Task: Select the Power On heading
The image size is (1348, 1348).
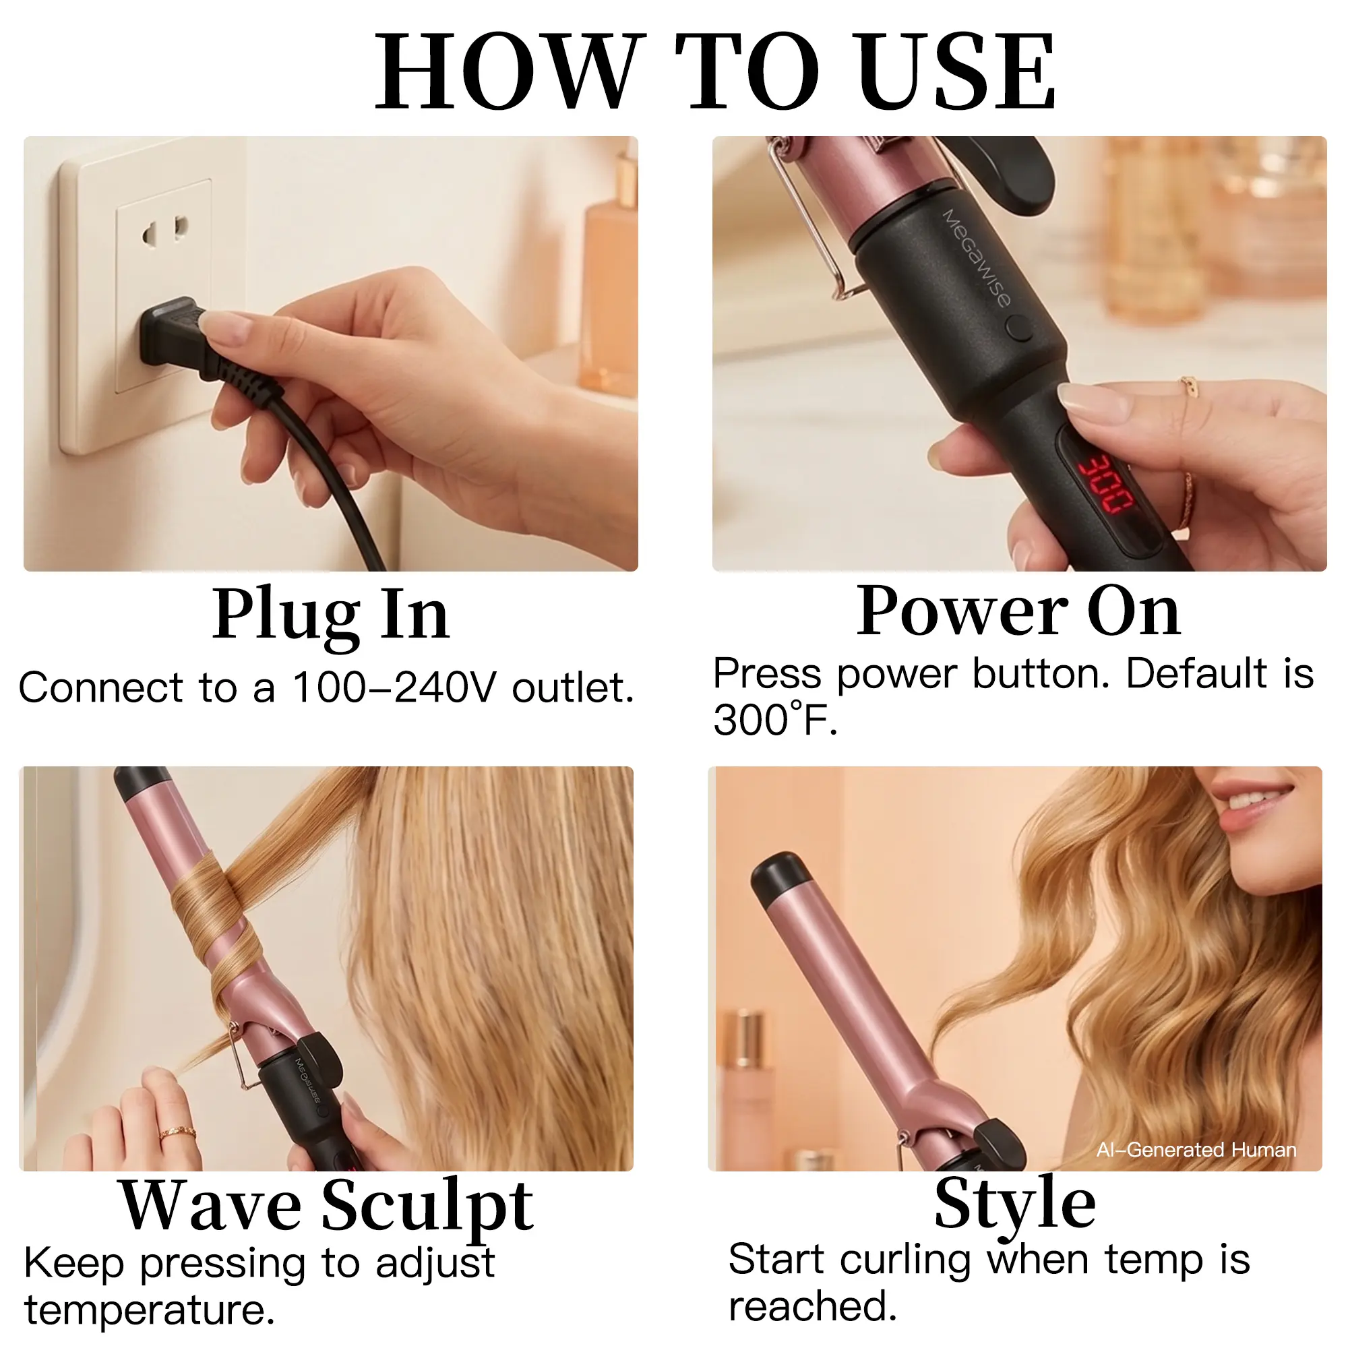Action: point(1018,611)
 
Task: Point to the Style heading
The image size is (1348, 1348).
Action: point(1015,1205)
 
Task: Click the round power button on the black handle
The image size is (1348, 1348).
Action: point(1020,328)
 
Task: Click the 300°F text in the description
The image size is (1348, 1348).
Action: point(775,719)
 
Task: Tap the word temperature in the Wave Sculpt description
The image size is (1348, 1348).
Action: point(150,1310)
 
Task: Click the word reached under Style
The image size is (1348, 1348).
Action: point(813,1306)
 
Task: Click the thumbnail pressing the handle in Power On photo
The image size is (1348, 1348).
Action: point(1083,402)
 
